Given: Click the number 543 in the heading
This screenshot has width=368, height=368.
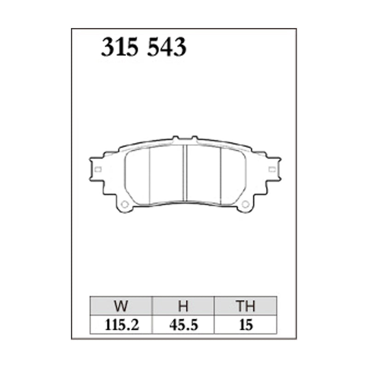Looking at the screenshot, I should pyautogui.click(x=167, y=47).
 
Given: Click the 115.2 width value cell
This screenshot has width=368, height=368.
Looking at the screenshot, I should pyautogui.click(x=121, y=325).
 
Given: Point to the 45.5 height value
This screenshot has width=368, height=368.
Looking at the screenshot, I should pyautogui.click(x=184, y=325).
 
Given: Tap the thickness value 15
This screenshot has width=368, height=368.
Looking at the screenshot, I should pyautogui.click(x=246, y=325).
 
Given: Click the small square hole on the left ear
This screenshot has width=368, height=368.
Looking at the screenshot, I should pyautogui.click(x=98, y=169).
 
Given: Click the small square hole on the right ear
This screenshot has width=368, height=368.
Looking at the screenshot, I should pyautogui.click(x=272, y=169).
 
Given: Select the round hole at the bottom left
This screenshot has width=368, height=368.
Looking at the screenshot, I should pyautogui.click(x=123, y=204).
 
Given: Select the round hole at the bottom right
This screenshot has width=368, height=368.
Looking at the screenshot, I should pyautogui.click(x=245, y=204).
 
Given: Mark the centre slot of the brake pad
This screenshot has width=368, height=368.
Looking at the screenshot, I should pyautogui.click(x=184, y=172).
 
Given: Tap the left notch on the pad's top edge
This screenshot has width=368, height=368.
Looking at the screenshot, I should pyautogui.click(x=174, y=138).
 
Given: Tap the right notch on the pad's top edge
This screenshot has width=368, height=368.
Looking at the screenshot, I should pyautogui.click(x=195, y=138).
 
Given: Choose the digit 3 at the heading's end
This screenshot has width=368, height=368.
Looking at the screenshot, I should pyautogui.click(x=179, y=47).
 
